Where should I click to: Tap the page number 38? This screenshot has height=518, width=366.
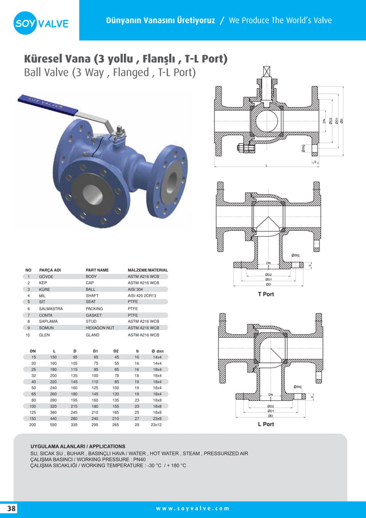click(11, 509)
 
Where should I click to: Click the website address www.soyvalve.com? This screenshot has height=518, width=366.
click(192, 509)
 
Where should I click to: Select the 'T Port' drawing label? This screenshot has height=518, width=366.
click(266, 294)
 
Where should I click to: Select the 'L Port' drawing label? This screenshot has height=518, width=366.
click(266, 424)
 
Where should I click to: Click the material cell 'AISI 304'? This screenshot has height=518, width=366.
click(136, 289)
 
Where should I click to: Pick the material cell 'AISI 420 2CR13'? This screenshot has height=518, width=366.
click(142, 296)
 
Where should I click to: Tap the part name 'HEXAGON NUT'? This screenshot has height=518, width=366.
click(100, 327)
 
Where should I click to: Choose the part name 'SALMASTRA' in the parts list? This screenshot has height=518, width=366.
click(51, 308)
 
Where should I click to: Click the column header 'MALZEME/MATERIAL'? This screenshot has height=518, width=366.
click(147, 270)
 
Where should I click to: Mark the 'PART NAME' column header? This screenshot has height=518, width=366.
click(97, 270)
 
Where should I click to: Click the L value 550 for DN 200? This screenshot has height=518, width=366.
click(54, 424)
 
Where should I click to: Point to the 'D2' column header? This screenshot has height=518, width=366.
click(115, 350)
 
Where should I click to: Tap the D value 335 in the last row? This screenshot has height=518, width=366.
click(74, 424)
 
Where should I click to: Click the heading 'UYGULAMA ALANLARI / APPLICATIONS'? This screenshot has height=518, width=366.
click(77, 446)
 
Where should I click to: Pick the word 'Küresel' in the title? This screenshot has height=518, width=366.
click(48, 59)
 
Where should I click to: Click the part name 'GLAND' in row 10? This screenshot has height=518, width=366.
click(92, 334)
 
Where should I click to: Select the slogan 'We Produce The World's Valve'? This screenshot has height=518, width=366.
click(280, 21)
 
